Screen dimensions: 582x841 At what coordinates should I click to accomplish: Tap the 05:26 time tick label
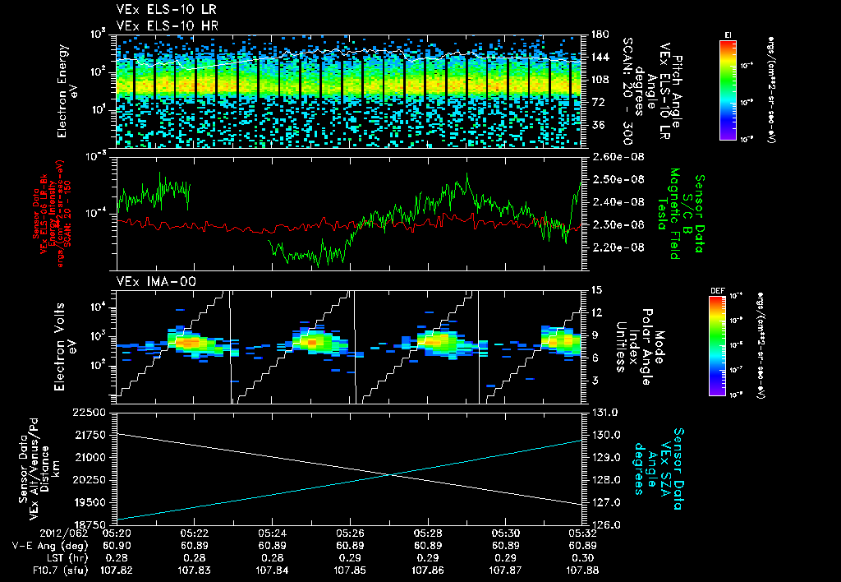(350, 533)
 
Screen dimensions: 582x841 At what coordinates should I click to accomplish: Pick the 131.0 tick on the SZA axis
(605, 412)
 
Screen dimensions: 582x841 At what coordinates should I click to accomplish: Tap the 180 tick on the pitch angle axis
(599, 35)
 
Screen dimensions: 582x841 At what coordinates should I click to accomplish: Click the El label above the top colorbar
(728, 34)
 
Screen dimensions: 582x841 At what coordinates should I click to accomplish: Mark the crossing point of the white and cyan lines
(391, 474)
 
